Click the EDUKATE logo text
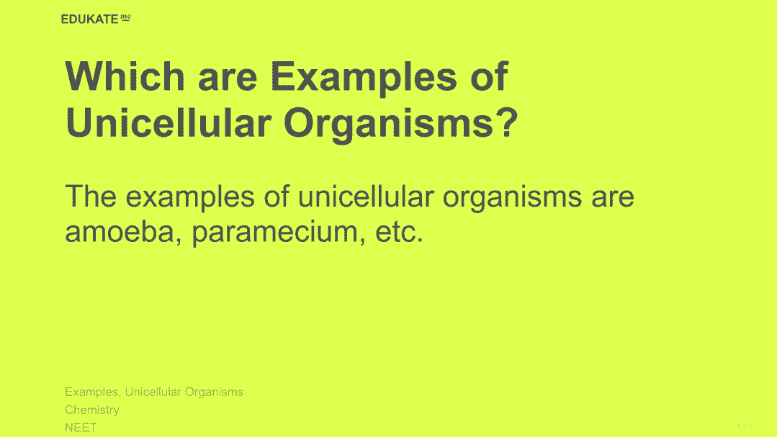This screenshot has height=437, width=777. pos(90,19)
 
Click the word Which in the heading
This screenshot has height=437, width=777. pos(125,76)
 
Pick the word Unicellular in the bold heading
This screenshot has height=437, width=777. pos(169,122)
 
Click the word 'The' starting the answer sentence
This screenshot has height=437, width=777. pos(91,196)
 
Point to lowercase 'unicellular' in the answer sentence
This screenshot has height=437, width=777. pos(366,196)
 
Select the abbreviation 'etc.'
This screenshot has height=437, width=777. pos(400,232)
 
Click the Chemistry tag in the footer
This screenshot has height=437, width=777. pos(92,410)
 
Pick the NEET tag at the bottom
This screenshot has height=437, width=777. pos(81,427)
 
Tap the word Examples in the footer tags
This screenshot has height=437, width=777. pos(91,392)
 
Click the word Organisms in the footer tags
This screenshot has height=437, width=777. pos(213,392)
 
